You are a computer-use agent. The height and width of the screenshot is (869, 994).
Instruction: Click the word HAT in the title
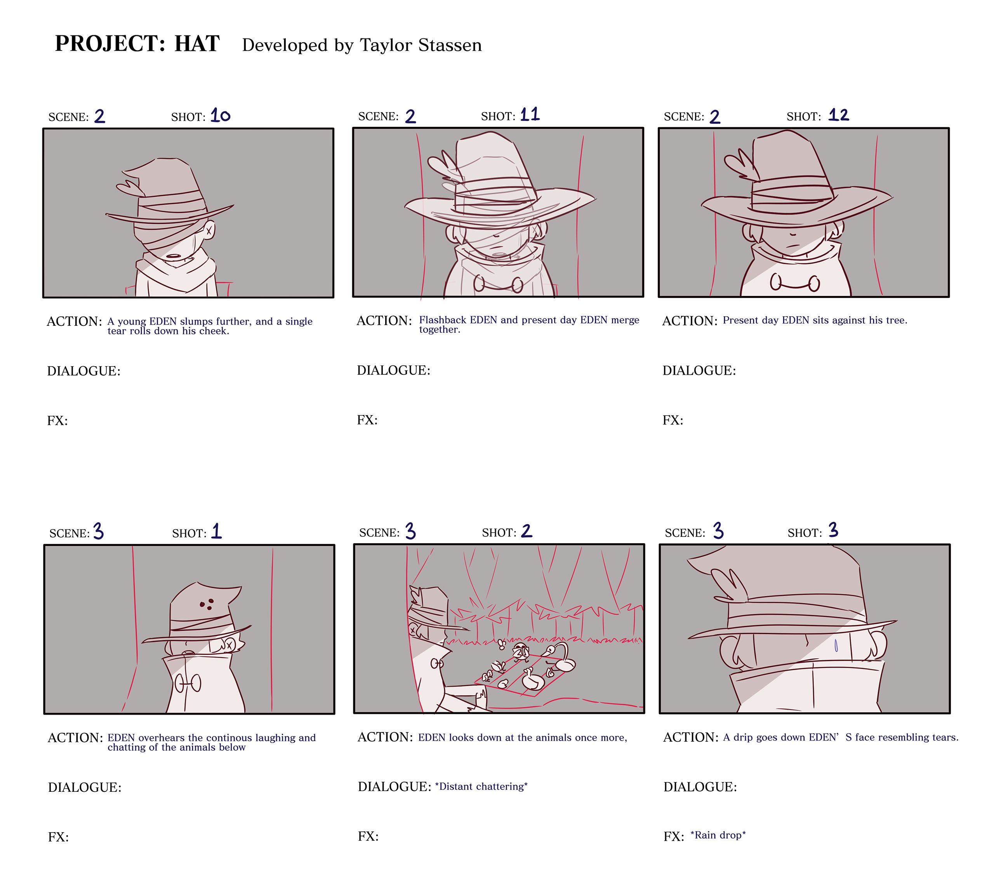coord(197,43)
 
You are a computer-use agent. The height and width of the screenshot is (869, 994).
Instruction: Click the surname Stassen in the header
coord(450,45)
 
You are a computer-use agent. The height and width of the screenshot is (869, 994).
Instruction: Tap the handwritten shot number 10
coord(221,116)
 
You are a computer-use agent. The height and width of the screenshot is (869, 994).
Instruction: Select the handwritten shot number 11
coord(530,114)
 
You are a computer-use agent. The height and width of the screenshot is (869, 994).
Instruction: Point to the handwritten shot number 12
coord(838,115)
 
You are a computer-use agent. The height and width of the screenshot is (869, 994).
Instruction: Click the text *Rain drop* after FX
coord(718,835)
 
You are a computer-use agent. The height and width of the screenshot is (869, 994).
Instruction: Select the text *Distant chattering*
coord(481,786)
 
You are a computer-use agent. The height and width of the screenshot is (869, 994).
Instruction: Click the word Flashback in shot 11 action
coord(443,320)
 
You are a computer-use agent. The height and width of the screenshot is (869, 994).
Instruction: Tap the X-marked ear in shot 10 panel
coord(209,231)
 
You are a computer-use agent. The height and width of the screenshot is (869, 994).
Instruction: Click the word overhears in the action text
coord(163,737)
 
